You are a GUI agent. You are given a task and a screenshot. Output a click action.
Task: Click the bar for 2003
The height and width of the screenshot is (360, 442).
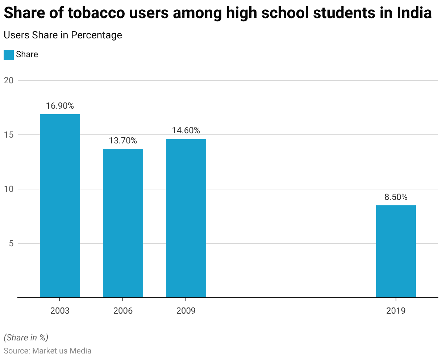tap(60, 206)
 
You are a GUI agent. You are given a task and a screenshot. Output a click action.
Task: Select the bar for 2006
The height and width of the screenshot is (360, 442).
tap(123, 223)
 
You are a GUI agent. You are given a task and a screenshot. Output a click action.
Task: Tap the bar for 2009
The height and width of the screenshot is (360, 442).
tap(186, 218)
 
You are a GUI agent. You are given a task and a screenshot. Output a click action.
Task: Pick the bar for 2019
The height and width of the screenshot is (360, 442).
tap(396, 251)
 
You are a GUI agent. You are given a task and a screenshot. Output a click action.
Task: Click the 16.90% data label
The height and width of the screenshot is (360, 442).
tap(60, 106)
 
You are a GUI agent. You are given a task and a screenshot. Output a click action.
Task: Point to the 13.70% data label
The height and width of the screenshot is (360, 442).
tap(123, 141)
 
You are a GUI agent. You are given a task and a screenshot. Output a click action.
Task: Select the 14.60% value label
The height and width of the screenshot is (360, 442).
tap(186, 130)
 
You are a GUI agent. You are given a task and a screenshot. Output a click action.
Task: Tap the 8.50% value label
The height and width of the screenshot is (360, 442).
tap(396, 197)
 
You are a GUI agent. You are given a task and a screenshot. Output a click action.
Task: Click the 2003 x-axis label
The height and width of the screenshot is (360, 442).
tap(60, 311)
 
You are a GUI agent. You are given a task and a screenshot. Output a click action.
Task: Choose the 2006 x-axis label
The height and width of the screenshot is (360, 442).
tap(123, 311)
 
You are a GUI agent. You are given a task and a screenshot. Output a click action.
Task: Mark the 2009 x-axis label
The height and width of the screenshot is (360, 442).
tap(186, 311)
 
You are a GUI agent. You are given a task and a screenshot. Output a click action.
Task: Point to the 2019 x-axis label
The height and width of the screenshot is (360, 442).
tap(396, 311)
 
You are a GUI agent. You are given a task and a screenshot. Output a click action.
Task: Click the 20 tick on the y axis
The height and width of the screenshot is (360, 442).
tap(9, 80)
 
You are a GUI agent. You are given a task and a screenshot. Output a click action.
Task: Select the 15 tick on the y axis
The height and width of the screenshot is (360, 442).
tap(9, 135)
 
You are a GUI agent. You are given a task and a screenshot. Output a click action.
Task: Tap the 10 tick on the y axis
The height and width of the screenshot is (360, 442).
tap(9, 189)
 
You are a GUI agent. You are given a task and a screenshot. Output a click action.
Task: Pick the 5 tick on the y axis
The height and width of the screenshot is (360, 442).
tap(11, 243)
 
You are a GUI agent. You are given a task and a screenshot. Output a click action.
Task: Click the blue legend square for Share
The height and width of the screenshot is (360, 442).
tap(9, 55)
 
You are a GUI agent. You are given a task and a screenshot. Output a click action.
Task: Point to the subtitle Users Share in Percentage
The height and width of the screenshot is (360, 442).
tap(63, 35)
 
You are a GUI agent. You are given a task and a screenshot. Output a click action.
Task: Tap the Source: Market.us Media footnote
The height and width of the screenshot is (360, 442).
tap(47, 351)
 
